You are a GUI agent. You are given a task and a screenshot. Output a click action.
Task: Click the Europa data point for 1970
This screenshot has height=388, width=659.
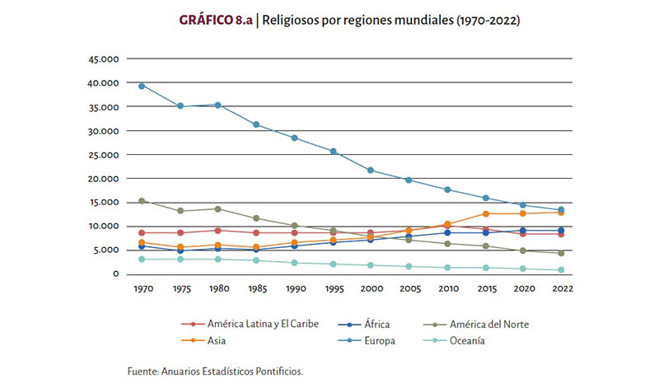click(x=142, y=86)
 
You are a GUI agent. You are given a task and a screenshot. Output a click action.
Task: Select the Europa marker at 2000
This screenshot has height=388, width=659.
click(x=371, y=171)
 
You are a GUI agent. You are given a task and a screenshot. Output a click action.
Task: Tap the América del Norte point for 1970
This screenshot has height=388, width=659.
click(x=142, y=201)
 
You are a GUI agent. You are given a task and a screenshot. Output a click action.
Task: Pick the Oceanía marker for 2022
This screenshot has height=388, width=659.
click(x=563, y=270)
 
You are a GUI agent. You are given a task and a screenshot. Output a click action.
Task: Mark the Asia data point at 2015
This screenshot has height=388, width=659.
click(x=486, y=213)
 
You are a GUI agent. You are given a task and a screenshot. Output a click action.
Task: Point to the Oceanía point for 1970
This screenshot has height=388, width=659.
click(x=142, y=259)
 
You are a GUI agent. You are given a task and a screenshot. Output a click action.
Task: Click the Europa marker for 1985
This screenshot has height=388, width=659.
click(x=256, y=124)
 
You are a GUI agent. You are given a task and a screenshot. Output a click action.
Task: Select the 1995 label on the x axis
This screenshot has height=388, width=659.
click(x=333, y=290)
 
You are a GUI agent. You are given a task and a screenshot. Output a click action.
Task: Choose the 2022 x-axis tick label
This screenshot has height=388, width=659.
click(x=563, y=290)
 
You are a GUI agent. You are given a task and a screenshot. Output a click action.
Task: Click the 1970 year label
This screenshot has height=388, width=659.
click(x=142, y=290)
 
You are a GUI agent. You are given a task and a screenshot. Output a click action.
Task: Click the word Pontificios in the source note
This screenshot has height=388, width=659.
click(x=279, y=372)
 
